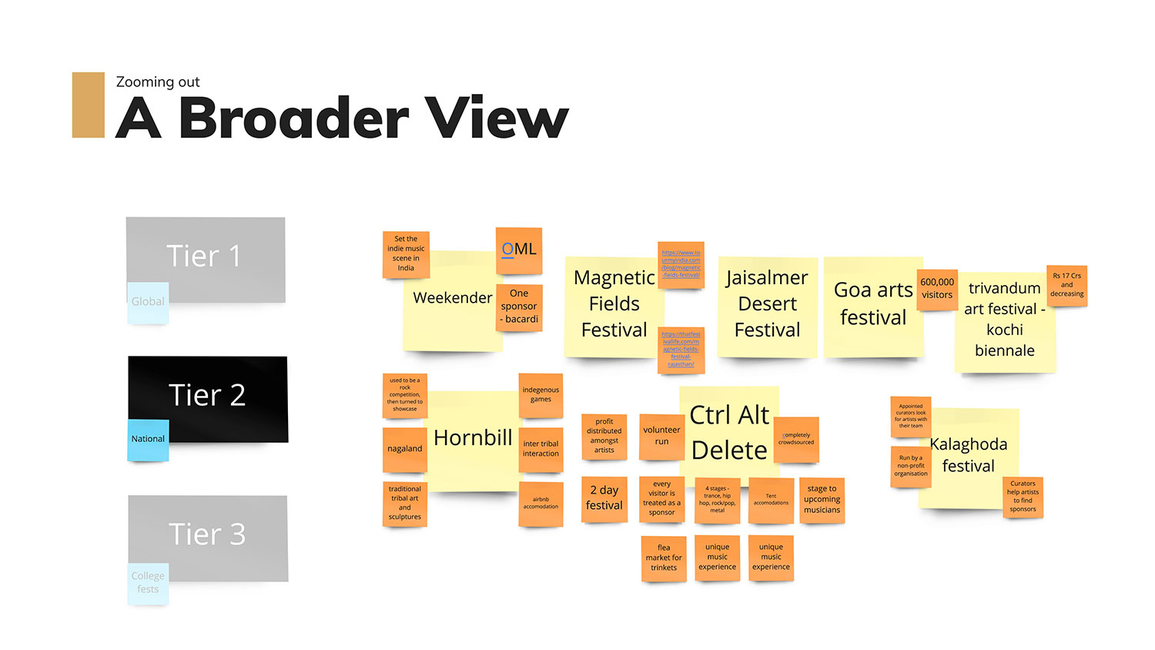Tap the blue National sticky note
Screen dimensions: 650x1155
point(148,440)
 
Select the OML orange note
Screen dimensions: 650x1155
point(519,250)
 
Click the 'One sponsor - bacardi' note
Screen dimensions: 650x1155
point(519,307)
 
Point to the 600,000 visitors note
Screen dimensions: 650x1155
point(937,290)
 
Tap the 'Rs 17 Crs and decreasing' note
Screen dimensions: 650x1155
point(1066,285)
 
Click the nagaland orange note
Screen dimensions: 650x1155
point(404,449)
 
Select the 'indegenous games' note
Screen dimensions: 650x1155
point(541,395)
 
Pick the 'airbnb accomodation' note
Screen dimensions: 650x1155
point(541,504)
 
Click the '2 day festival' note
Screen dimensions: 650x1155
point(604,498)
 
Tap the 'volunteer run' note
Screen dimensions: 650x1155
point(661,436)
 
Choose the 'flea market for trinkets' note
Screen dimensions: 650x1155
point(664,558)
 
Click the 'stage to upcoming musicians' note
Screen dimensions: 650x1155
point(822,500)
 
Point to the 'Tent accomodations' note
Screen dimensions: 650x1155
point(771,500)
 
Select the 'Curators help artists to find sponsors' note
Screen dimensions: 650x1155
point(1023,497)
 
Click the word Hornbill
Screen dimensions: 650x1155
point(473,438)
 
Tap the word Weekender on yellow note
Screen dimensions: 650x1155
point(452,298)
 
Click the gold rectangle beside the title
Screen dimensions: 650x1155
point(89,106)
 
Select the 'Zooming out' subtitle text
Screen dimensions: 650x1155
point(158,82)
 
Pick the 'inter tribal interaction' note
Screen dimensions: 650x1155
point(541,449)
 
